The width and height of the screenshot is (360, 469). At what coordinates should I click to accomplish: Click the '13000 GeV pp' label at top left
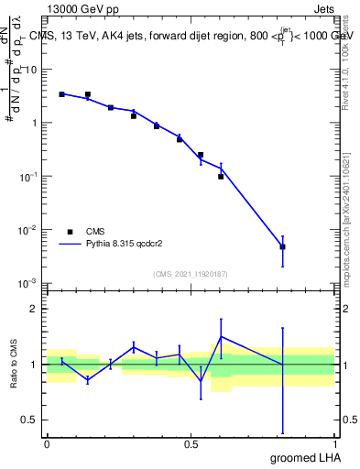[x=78, y=8]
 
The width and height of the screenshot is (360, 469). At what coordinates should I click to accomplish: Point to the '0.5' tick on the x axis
[x=191, y=444]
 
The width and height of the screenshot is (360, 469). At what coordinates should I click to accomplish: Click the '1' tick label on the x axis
[x=334, y=444]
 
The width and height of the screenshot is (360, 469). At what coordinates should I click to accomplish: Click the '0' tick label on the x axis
[x=47, y=444]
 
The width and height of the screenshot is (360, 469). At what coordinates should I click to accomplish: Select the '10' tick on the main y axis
[x=35, y=70]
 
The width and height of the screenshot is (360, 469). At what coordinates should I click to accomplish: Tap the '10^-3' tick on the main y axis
[x=31, y=282]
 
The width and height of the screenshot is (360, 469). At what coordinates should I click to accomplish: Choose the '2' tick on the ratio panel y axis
[x=38, y=309]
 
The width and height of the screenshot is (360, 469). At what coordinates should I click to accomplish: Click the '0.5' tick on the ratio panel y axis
[x=33, y=420]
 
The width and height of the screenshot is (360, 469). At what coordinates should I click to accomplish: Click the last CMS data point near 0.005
[x=283, y=247]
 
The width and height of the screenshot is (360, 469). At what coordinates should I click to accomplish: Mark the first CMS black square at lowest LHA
[x=61, y=94]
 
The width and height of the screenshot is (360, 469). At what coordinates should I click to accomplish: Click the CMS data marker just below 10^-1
[x=221, y=176]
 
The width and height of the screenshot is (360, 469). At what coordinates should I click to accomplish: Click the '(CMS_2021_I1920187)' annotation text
[x=191, y=274]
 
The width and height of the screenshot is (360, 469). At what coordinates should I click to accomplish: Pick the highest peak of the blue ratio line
[x=221, y=336]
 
